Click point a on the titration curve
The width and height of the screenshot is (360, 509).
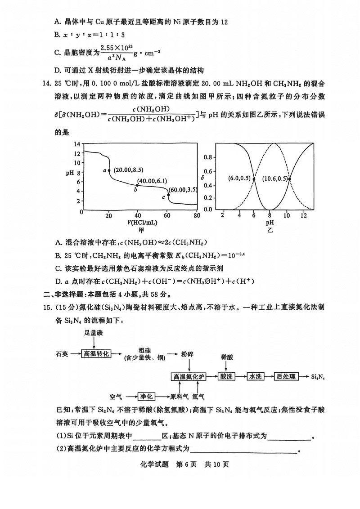[x=109, y=170]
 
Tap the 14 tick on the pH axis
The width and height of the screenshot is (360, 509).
[x=77, y=144]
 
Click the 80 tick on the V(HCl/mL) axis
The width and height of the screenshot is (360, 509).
[x=197, y=215]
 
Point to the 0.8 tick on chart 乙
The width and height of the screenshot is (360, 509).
[x=207, y=157]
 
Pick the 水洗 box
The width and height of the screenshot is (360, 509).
[x=255, y=376]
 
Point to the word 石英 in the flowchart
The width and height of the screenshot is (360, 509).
[x=63, y=354]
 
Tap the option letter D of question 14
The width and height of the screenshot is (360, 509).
[x=58, y=282]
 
